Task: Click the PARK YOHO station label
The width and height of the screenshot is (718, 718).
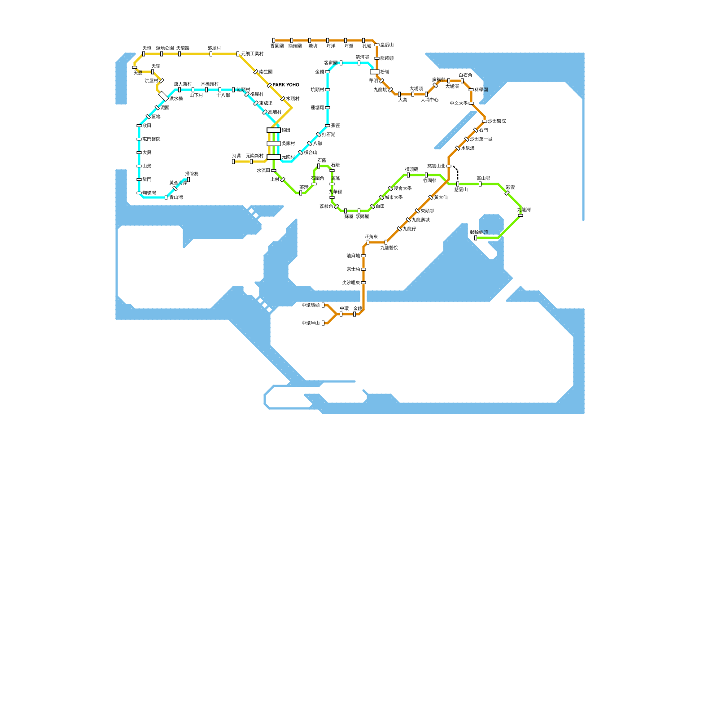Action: click(x=286, y=85)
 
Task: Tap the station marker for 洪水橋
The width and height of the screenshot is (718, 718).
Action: click(x=163, y=96)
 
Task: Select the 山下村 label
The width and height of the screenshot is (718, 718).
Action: click(x=196, y=96)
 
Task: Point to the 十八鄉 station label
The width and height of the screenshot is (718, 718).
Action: click(x=223, y=96)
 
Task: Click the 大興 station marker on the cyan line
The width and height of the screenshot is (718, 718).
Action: click(x=139, y=153)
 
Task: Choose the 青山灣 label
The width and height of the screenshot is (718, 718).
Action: click(x=176, y=197)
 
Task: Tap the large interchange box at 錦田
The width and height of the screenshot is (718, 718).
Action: click(x=274, y=130)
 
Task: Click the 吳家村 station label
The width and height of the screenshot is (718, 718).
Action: click(x=288, y=144)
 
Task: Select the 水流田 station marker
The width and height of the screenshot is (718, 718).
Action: click(x=274, y=171)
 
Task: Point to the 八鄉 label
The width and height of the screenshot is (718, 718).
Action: click(x=317, y=144)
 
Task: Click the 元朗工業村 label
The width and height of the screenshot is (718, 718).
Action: click(x=252, y=54)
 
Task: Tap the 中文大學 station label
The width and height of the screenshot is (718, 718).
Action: click(x=459, y=103)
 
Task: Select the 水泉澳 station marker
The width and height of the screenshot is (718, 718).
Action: click(x=458, y=148)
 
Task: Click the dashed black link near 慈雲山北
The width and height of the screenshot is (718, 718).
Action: click(x=457, y=173)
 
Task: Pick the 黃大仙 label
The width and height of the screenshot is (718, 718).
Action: click(x=441, y=197)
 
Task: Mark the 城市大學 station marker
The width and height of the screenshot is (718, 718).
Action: click(x=381, y=197)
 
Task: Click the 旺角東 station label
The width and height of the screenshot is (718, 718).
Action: click(x=371, y=236)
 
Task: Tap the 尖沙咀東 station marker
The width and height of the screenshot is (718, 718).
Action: click(x=363, y=283)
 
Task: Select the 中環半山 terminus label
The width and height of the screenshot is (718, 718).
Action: click(x=311, y=323)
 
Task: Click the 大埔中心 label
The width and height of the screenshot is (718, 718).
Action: click(x=429, y=100)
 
